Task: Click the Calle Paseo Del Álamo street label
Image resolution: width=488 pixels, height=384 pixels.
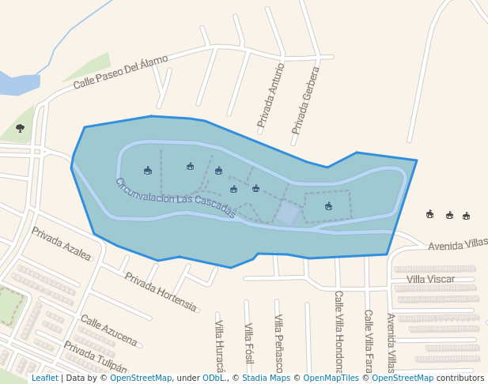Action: tap(121, 72)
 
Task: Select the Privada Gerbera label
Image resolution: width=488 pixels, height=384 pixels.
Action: tap(305, 100)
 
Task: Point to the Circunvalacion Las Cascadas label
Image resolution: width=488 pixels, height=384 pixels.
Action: tap(176, 198)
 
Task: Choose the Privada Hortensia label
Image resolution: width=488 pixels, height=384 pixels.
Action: tap(161, 291)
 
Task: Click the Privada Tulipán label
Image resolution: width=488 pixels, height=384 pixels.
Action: tap(95, 357)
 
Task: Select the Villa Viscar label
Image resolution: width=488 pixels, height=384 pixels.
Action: tap(430, 280)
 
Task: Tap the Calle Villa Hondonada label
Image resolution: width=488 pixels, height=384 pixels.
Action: tap(339, 332)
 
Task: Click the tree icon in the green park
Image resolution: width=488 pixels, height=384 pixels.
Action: tap(20, 128)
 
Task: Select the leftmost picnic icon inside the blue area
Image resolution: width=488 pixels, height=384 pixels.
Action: tap(148, 171)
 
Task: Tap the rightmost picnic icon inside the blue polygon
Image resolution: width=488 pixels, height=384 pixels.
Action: tap(328, 206)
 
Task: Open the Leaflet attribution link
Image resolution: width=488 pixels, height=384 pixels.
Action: tap(45, 378)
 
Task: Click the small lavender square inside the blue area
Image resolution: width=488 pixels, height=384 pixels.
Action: tap(288, 213)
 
